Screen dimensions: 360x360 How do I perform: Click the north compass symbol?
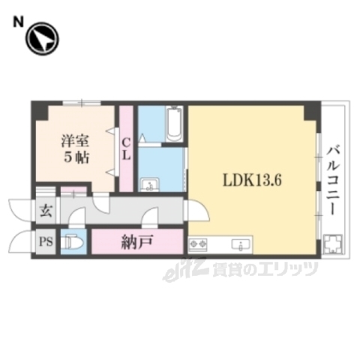click(x=42, y=40)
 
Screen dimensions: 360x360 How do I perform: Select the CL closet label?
click(x=126, y=148)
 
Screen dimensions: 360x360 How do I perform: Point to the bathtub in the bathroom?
click(x=173, y=124)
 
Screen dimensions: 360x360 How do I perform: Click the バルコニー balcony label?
click(x=330, y=181)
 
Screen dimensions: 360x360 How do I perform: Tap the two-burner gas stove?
click(x=199, y=244)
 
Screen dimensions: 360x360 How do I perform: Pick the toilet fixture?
click(x=73, y=242)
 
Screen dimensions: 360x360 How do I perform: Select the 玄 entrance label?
click(x=44, y=211)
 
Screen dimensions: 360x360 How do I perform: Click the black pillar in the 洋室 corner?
click(x=39, y=112)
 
